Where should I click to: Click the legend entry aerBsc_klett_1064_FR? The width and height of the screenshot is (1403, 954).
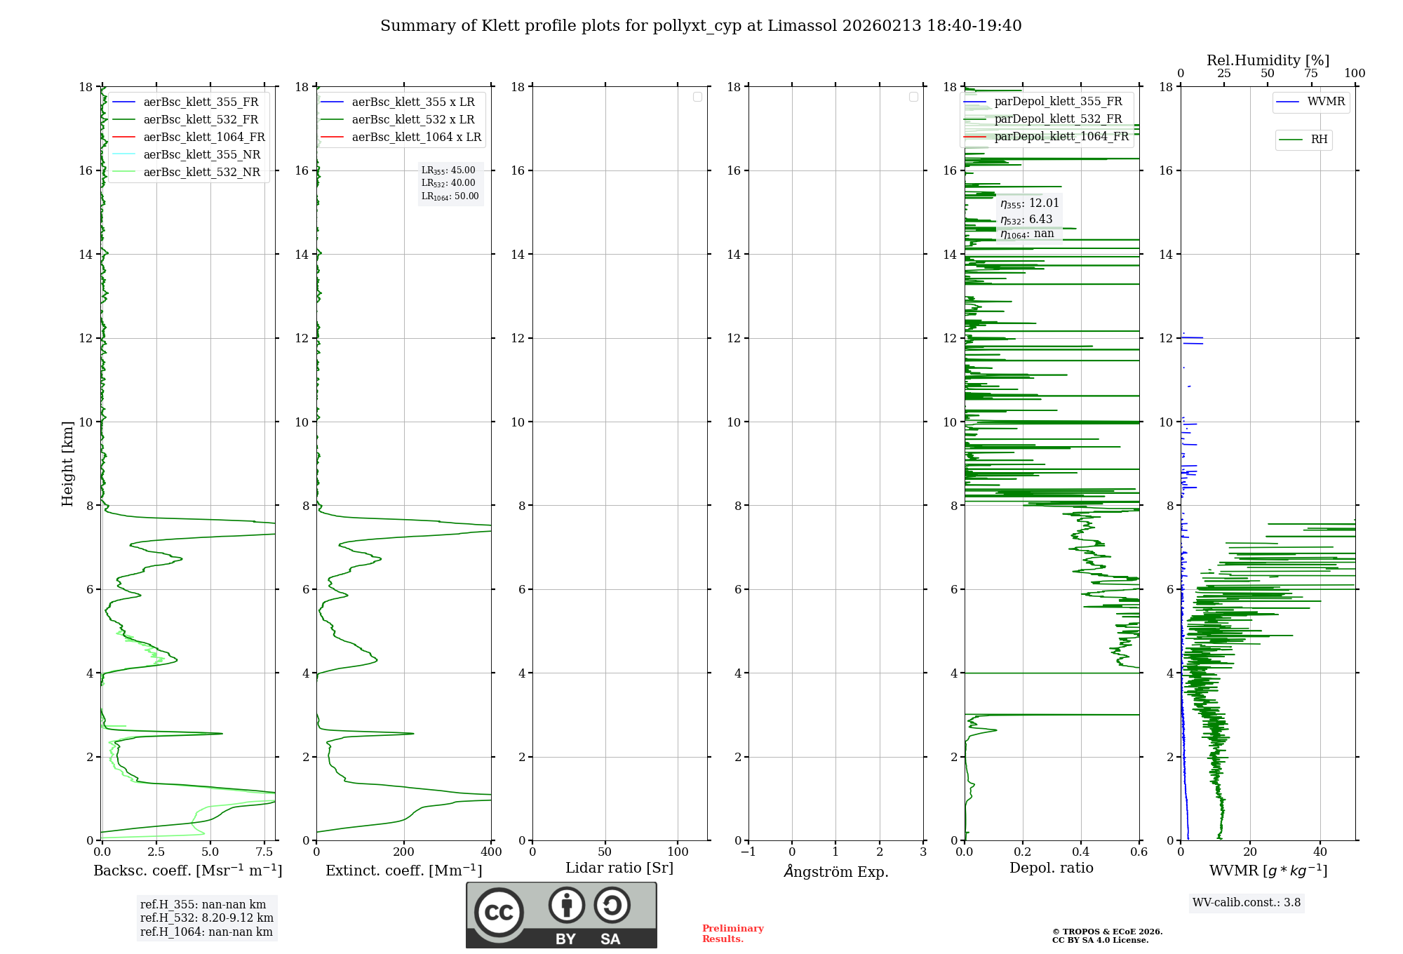203,137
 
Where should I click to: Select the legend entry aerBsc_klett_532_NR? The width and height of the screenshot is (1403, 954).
201,172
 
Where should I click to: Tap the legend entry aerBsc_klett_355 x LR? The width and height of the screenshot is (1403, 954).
412,102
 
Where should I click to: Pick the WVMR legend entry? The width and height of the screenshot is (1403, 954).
1326,102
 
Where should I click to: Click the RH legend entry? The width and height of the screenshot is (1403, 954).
1319,140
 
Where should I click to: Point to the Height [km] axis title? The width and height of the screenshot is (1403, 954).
67,464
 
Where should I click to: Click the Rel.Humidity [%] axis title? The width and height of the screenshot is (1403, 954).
1268,60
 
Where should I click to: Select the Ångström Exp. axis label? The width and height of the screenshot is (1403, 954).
836,871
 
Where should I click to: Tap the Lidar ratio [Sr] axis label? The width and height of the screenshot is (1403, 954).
619,868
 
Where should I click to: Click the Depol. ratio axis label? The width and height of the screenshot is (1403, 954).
1051,868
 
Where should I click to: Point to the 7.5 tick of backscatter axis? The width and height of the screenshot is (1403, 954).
264,852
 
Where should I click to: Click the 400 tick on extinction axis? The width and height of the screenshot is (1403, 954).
491,852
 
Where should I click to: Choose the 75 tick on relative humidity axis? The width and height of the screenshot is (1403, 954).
1310,74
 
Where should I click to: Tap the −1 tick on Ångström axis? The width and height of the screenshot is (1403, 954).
749,852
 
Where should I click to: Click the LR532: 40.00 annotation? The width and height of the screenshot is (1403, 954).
448,183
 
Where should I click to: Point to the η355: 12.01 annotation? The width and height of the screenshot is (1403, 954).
1029,203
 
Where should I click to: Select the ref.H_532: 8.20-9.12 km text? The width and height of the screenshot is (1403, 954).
206,918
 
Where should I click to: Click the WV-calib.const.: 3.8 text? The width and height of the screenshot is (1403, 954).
1247,903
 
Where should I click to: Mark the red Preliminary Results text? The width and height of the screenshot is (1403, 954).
732,934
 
